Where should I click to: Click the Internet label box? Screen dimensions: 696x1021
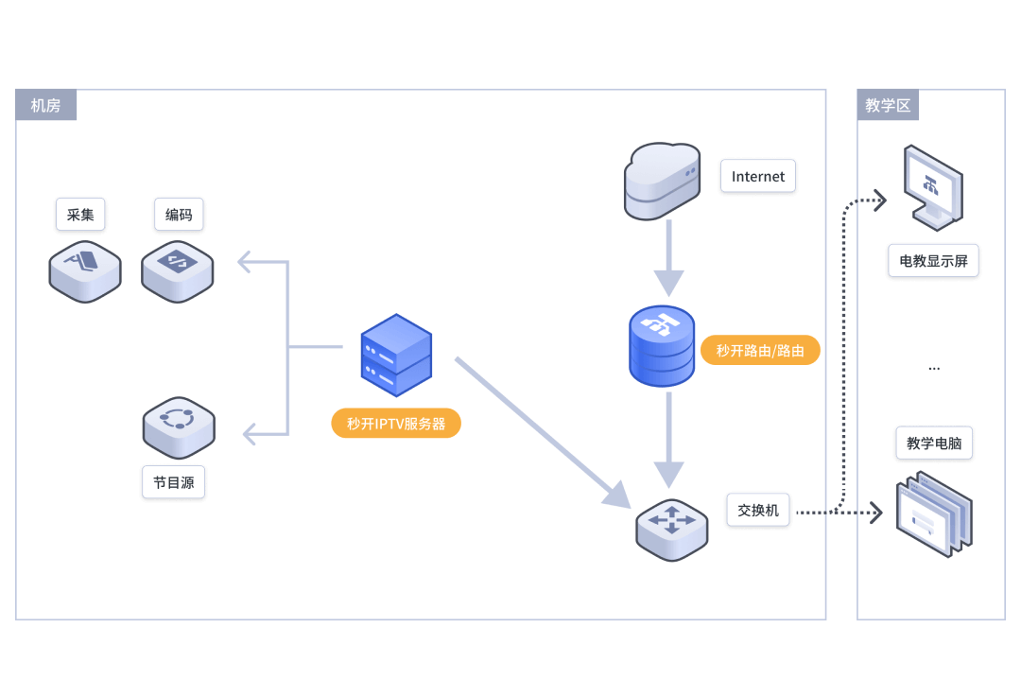(x=758, y=176)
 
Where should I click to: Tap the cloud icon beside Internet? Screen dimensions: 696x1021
(x=662, y=181)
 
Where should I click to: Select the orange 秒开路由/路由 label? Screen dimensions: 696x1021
(x=760, y=351)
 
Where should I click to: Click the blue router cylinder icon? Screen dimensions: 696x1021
(x=662, y=345)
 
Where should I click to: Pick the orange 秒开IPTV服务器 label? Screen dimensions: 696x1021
(x=396, y=424)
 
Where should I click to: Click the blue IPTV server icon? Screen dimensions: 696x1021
(x=396, y=356)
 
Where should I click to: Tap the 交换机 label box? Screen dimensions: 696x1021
(x=758, y=510)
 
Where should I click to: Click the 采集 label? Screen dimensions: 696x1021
(x=80, y=215)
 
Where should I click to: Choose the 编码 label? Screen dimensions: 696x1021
(x=179, y=215)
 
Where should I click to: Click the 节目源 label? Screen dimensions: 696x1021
(x=174, y=482)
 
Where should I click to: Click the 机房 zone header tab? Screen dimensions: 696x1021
(x=46, y=105)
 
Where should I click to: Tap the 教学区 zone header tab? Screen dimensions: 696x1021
(x=888, y=105)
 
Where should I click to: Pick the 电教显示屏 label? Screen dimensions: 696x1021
(x=933, y=261)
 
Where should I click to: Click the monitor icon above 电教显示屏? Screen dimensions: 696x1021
(x=932, y=186)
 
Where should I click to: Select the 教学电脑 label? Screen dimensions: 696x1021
(x=934, y=443)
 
